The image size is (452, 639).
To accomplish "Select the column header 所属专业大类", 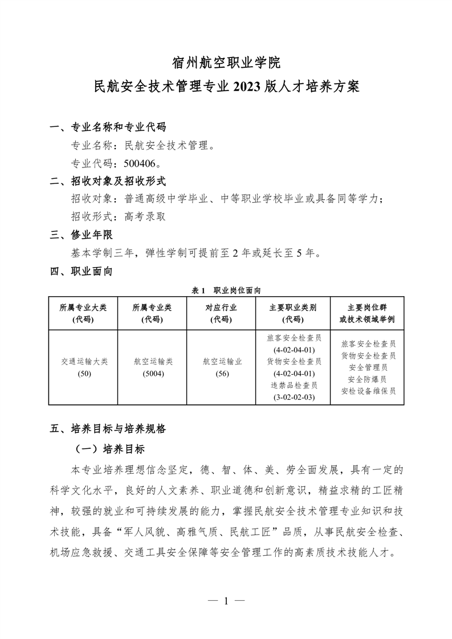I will click(83, 308).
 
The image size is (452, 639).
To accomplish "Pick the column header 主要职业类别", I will click(293, 308).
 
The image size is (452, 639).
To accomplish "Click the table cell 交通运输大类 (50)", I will click(83, 367).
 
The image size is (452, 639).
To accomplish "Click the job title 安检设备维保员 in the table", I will click(368, 391).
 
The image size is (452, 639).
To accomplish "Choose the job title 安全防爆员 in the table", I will click(368, 379).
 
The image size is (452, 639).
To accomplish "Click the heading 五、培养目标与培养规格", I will click(108, 428).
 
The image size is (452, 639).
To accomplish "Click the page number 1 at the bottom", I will click(226, 600).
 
